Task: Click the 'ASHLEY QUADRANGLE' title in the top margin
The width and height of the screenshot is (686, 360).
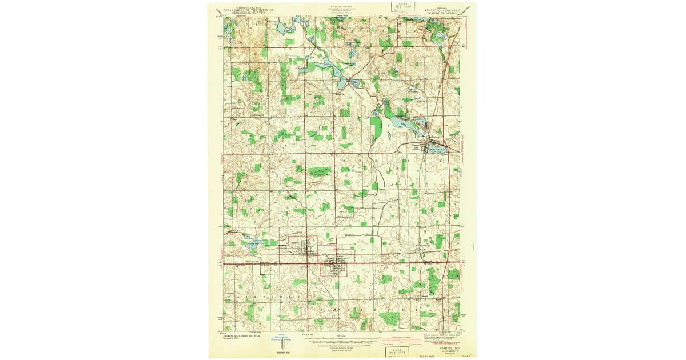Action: click(441, 10)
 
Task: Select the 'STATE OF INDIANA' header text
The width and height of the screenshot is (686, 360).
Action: click(341, 7)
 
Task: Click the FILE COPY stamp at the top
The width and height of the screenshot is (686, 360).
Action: click(402, 7)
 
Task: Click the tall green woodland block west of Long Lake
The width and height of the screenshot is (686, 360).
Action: click(376, 128)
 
